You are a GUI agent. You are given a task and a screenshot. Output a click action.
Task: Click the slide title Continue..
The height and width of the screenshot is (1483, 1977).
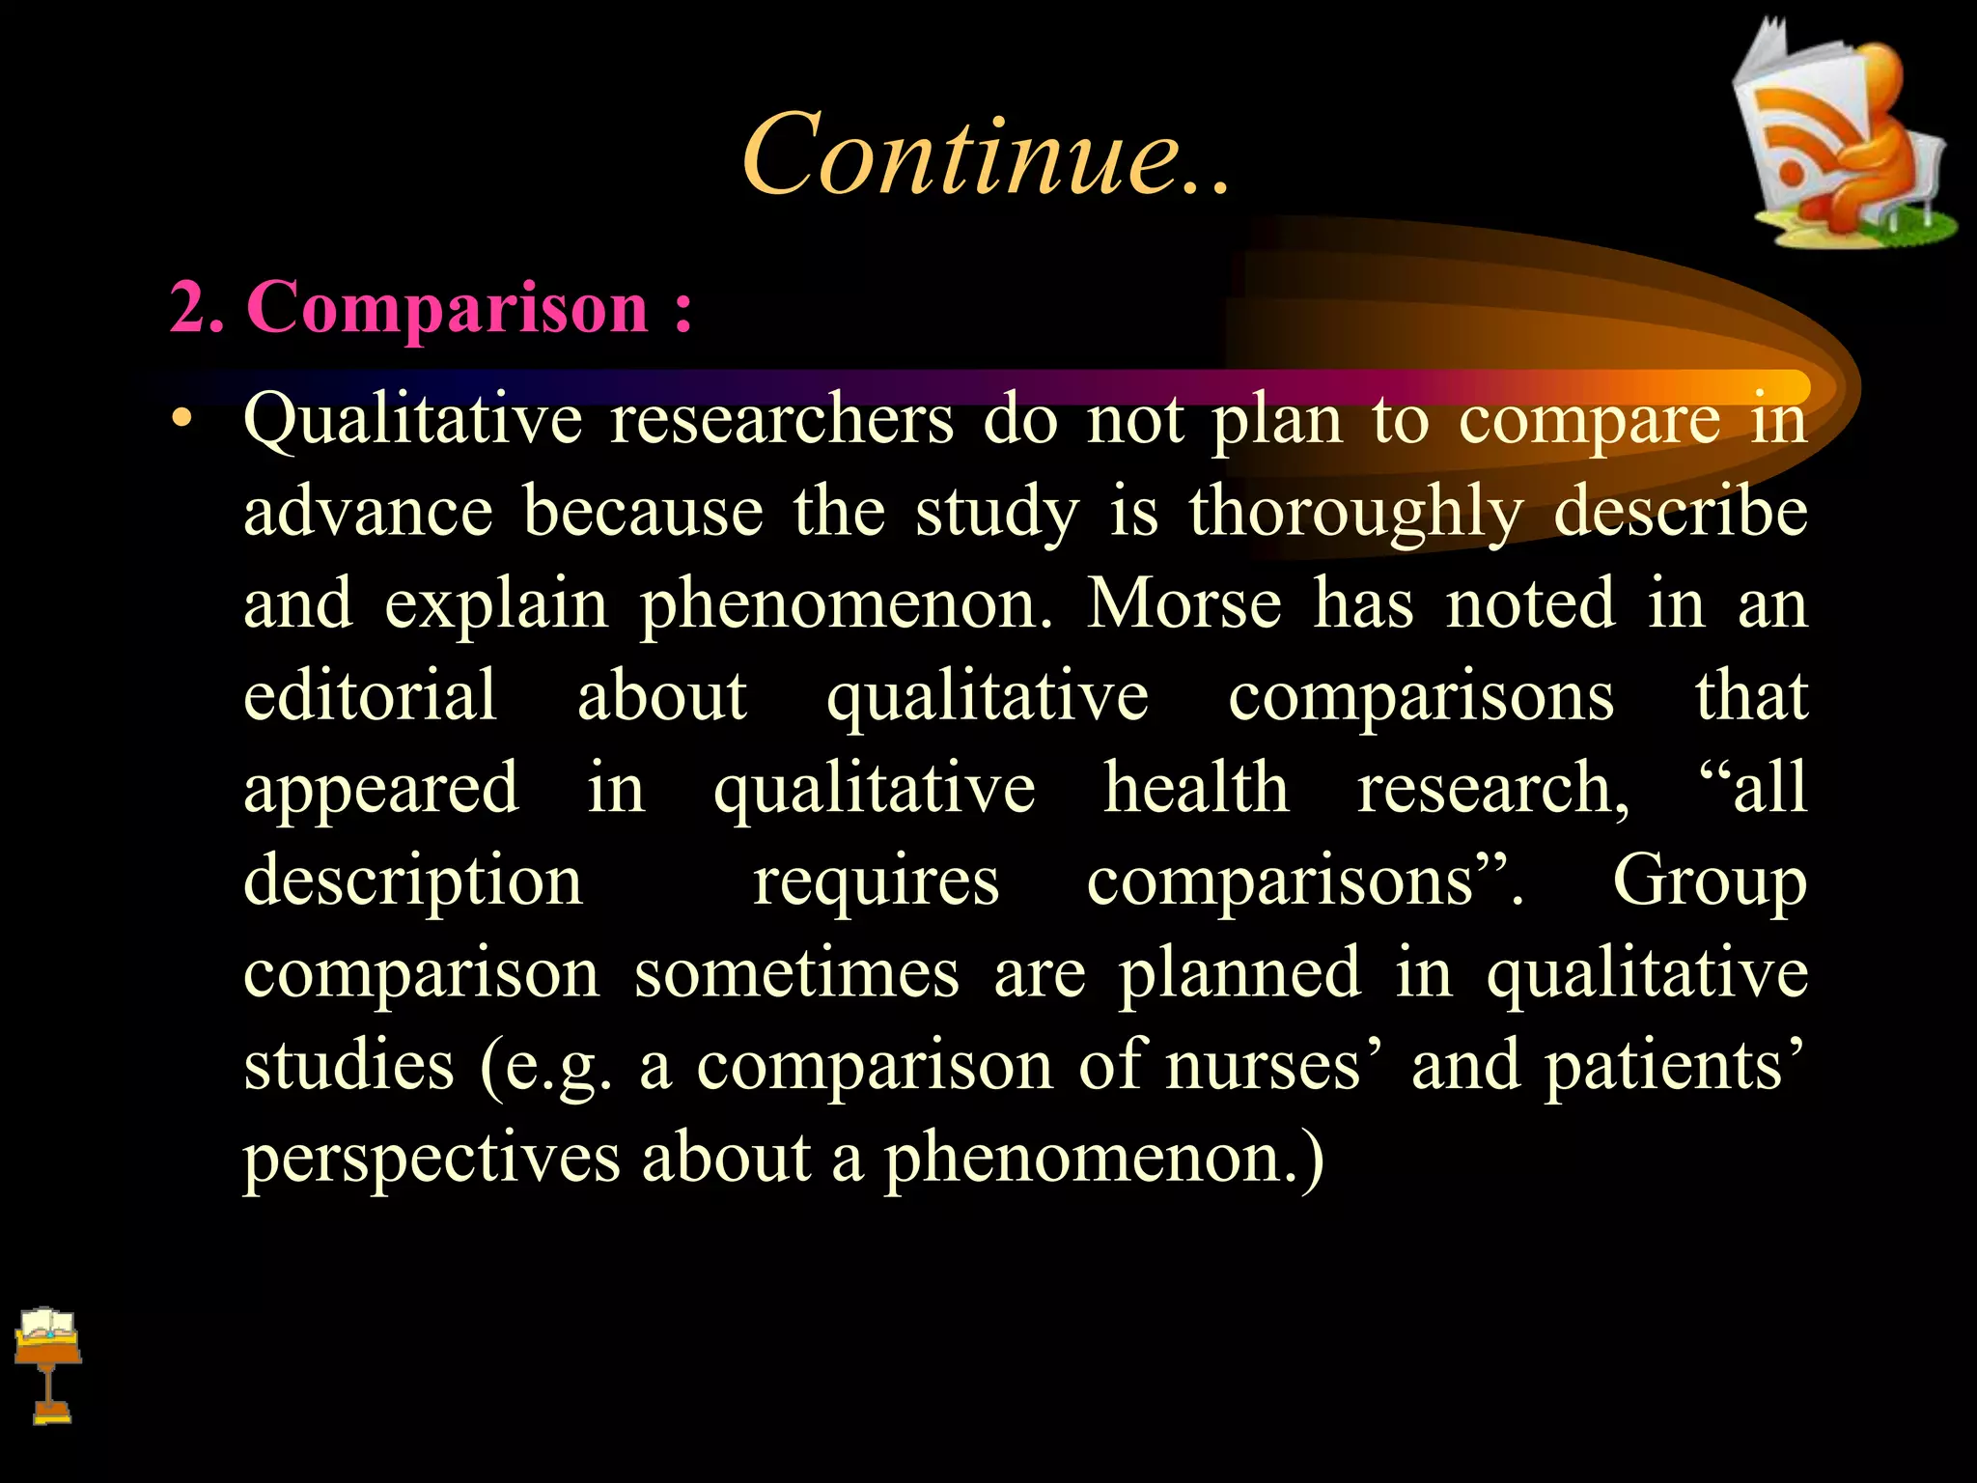985,154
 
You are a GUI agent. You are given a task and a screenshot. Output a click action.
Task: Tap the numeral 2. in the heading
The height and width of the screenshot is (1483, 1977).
197,308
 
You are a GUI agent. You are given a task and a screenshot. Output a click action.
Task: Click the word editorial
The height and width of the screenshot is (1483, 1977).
370,695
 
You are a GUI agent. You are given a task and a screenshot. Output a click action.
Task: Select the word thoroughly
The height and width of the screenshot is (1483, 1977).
1356,512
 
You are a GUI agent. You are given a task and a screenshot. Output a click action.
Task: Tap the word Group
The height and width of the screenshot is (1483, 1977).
1709,881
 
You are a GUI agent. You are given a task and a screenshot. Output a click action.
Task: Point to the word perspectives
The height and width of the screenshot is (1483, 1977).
431,1158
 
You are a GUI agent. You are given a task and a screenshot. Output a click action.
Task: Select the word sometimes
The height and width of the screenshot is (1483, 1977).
796,973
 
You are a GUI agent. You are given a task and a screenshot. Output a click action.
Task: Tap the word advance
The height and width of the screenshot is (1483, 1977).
368,512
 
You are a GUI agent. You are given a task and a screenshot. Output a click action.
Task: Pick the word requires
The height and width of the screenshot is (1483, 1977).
876,881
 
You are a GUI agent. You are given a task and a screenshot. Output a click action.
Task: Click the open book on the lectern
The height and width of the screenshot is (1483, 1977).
47,1325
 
